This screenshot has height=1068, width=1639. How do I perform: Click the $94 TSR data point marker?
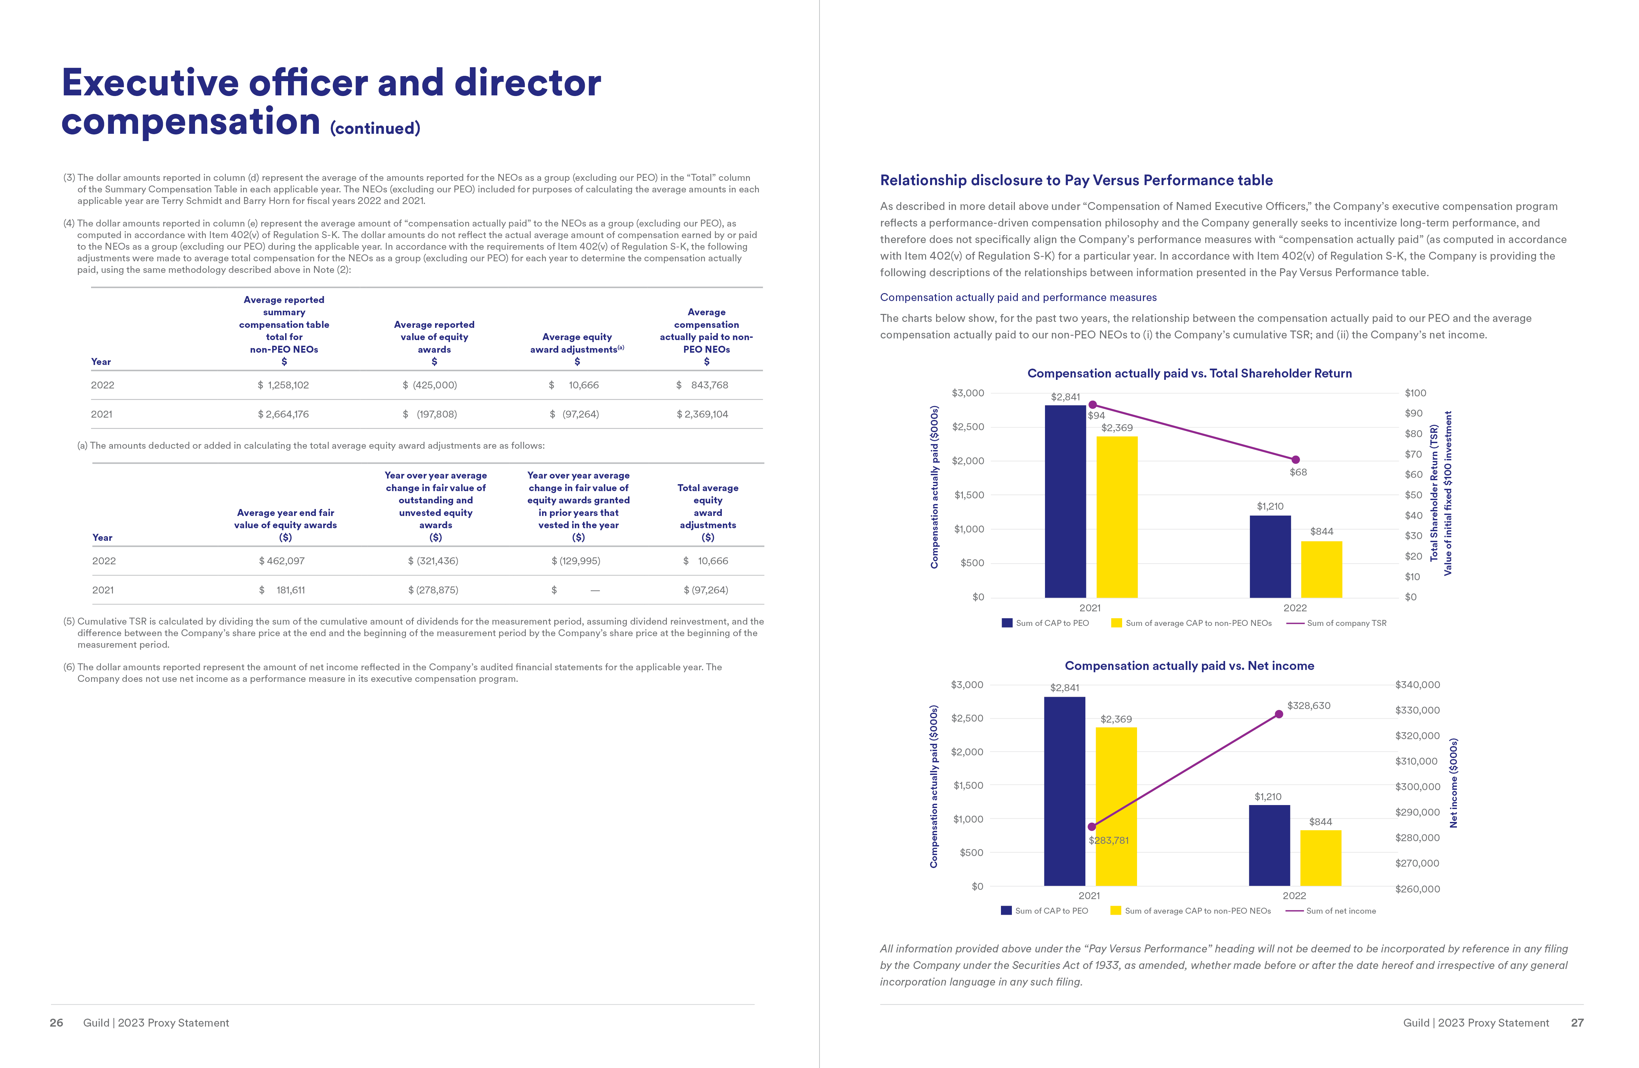1092,405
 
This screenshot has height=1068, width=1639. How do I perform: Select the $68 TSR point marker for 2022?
1295,459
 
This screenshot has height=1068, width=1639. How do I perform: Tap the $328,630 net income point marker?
1279,714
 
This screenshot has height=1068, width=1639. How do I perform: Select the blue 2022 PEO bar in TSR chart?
1270,556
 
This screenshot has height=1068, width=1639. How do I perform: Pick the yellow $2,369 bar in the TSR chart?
1116,516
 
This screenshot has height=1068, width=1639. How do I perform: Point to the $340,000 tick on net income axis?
1417,685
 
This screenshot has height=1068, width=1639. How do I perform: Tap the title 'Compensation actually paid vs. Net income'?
1189,666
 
